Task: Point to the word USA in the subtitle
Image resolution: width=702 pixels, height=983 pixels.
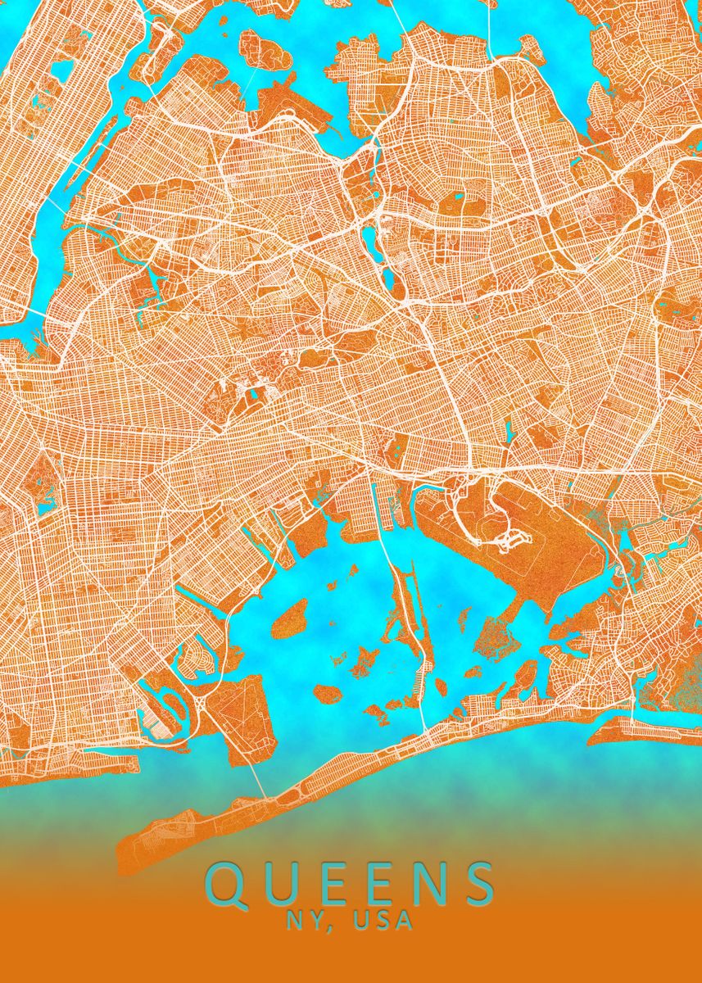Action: point(383,922)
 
